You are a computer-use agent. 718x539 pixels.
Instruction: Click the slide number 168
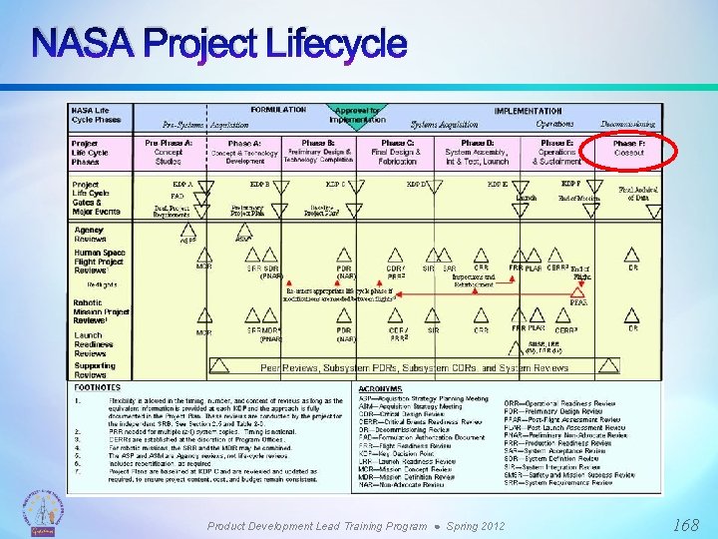pos(685,524)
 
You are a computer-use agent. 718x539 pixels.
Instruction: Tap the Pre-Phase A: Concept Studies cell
pos(169,152)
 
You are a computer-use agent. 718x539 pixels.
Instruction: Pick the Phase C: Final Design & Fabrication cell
pos(397,152)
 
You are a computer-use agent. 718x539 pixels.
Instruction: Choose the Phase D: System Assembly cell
pos(477,152)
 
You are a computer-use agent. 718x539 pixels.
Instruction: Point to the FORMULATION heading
pos(278,111)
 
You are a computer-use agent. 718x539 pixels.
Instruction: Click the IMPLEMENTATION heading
pos(528,111)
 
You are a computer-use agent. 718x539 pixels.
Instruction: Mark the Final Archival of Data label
pos(634,193)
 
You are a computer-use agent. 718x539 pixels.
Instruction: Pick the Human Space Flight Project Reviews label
pos(99,261)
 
